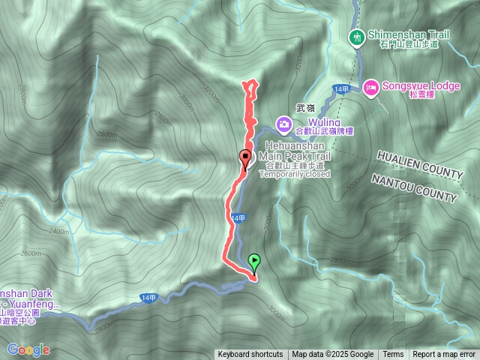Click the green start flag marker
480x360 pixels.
coord(254,263)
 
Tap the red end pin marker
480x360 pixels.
coord(244,157)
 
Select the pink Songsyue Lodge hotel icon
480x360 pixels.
coord(370,88)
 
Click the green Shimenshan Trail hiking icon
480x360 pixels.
coord(355,35)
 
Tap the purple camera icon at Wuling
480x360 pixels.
coord(284,123)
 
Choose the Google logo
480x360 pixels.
coord(28,349)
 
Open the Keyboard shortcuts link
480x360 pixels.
coord(250,355)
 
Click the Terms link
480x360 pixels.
coord(393,355)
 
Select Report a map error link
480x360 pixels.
coord(444,355)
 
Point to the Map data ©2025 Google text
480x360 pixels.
coord(332,355)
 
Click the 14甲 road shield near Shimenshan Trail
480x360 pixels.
coord(342,89)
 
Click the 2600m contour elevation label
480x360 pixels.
coord(106,135)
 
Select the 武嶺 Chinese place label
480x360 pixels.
coord(306,108)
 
